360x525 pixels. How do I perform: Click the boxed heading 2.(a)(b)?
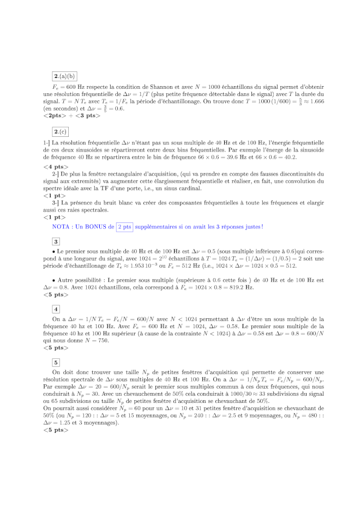tap(68, 76)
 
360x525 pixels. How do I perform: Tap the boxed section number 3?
tap(56, 242)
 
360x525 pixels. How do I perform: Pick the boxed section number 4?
tap(56, 308)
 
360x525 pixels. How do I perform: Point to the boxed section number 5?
tap(56, 362)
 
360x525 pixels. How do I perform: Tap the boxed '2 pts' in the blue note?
tap(125, 227)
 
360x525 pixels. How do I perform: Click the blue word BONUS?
tap(96, 227)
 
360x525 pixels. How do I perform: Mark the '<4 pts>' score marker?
tap(56, 166)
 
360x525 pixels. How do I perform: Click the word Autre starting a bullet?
tap(68, 280)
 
